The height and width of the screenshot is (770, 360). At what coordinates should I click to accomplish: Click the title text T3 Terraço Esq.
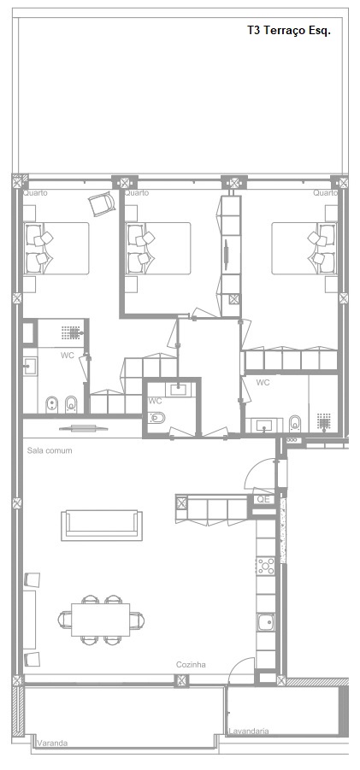tap(289, 31)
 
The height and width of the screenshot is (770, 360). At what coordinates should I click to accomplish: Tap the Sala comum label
tap(50, 450)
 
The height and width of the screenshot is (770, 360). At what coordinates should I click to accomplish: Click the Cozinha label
tap(191, 665)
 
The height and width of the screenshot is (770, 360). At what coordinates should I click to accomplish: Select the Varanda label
tap(52, 744)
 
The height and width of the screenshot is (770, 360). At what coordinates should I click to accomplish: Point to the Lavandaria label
tap(249, 732)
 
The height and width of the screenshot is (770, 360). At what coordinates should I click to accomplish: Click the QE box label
tap(263, 499)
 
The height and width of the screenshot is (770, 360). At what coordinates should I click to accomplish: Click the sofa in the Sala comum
tap(102, 526)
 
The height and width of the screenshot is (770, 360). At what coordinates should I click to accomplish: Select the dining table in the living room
tap(101, 620)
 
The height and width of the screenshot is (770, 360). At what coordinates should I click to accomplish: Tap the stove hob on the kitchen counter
tap(267, 567)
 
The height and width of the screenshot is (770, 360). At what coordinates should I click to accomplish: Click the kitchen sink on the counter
tap(266, 623)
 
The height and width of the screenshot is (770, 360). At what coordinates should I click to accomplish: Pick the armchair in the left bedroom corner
tap(102, 203)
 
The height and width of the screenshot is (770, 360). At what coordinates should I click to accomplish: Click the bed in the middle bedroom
tap(157, 248)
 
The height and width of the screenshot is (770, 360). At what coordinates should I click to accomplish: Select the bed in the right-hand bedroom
tap(304, 248)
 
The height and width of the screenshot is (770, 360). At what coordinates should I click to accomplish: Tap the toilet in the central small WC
tap(157, 418)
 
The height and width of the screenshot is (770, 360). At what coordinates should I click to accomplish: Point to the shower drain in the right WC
tap(323, 420)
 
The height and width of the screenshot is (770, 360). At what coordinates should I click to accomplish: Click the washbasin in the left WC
tap(28, 364)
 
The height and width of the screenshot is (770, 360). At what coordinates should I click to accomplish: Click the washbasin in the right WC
tap(265, 424)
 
